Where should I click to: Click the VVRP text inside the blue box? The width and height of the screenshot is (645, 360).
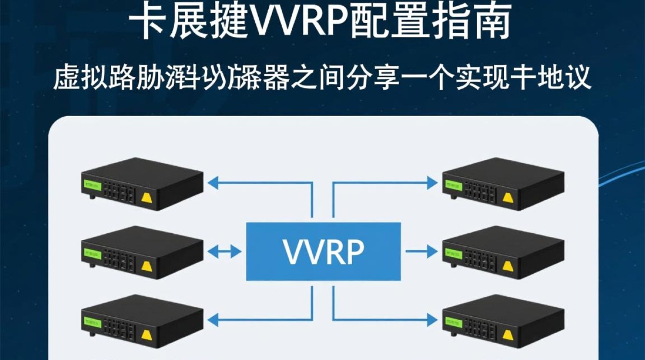323,251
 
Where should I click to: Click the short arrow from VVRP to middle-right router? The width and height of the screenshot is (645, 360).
420,251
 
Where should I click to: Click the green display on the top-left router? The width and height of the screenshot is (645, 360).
91,185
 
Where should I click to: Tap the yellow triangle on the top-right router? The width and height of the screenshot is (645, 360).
507,197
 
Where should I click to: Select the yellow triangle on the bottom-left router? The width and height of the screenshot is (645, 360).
146,335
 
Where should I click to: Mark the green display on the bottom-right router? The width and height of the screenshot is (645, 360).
453,321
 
